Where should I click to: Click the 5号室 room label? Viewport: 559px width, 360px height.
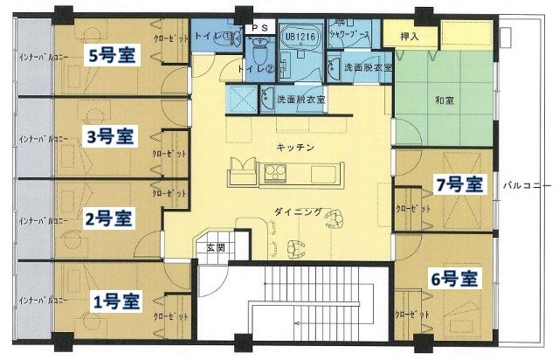[109, 54]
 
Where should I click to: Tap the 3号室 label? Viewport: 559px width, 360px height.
[110, 136]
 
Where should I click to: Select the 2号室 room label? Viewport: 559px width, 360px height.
[111, 216]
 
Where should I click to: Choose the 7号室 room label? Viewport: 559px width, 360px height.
[459, 184]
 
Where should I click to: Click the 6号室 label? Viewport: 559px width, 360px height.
[455, 280]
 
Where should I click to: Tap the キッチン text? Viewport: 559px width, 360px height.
[293, 147]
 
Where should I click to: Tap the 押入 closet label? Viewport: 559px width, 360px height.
[409, 38]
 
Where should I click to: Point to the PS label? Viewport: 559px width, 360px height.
[260, 27]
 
